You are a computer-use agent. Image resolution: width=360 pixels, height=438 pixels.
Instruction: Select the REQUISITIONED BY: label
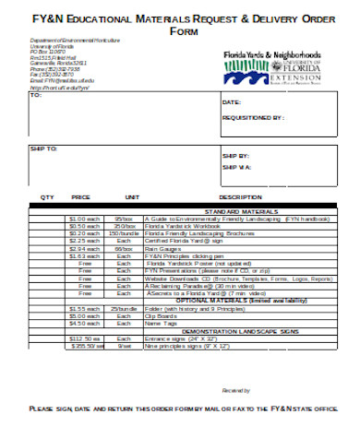(254, 118)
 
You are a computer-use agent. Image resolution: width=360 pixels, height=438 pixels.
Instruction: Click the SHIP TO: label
(43, 148)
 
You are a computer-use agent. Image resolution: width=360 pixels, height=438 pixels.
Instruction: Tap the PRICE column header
(81, 197)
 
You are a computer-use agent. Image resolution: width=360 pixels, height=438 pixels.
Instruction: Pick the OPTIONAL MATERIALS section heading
(234, 300)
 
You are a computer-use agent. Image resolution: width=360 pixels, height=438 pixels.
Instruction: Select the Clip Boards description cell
(158, 314)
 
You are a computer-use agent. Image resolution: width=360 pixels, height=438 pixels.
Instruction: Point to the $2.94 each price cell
(84, 248)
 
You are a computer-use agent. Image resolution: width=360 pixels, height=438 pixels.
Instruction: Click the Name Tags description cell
(157, 323)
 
